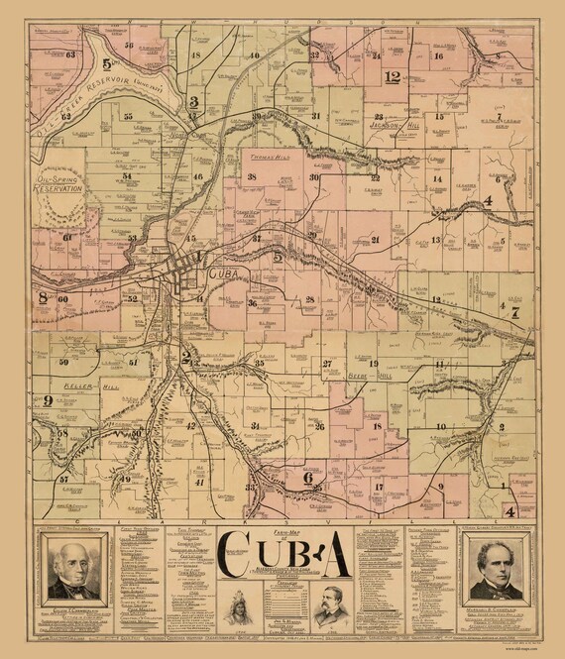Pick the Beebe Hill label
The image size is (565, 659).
[x=370, y=377]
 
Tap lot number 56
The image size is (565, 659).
[x=129, y=46]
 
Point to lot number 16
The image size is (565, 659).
[x=438, y=56]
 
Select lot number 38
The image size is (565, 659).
[x=252, y=177]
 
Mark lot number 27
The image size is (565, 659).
[x=326, y=364]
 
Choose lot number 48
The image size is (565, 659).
[x=196, y=55]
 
